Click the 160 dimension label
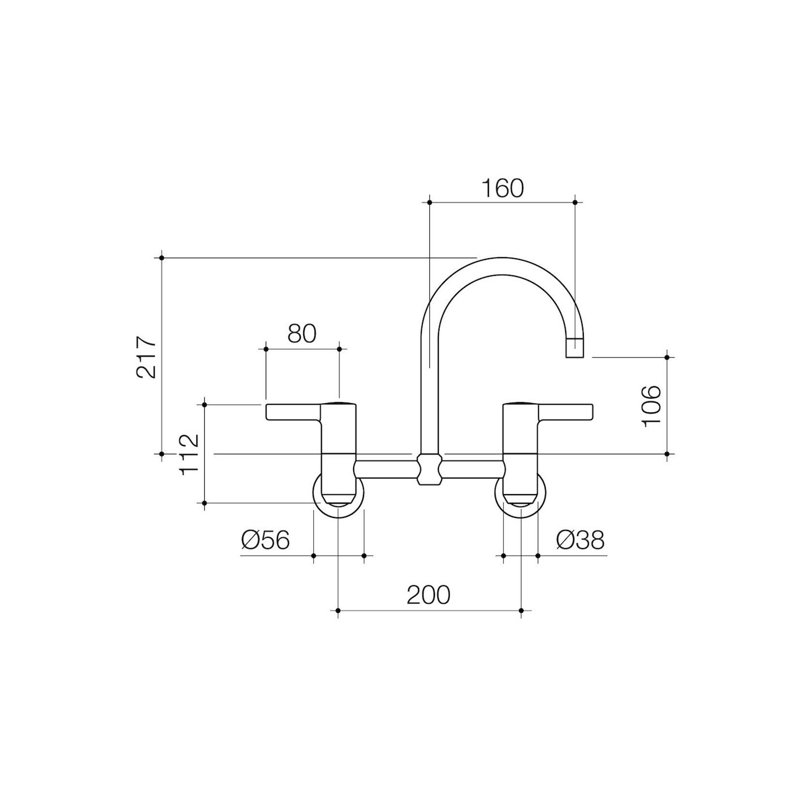coord(502,188)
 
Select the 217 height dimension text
coord(147,357)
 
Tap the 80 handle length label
coord(302,334)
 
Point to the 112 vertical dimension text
coord(189,454)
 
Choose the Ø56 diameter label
coord(265,540)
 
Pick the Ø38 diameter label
coord(580,540)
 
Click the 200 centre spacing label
coord(428,595)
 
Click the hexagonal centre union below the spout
coord(429,469)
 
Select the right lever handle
coord(565,412)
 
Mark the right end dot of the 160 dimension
coord(575,202)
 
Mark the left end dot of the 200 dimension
coord(338,610)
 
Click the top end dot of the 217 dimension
coord(162,258)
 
